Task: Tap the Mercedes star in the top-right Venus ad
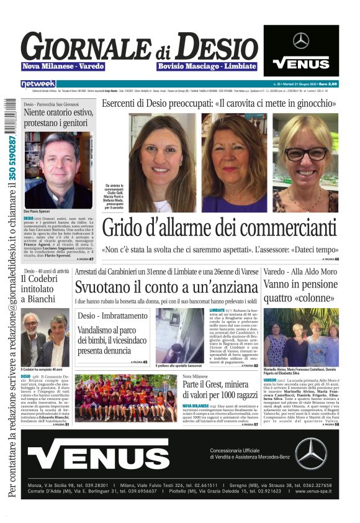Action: point(301,41)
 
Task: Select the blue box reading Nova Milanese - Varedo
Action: point(63,66)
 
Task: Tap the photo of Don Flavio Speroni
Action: point(58,170)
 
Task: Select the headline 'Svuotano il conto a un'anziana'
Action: point(166,287)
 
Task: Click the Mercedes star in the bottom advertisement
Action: point(310,453)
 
